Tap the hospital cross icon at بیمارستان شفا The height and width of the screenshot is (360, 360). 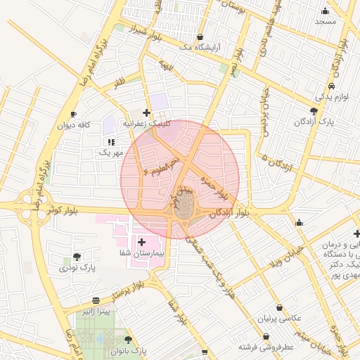142,241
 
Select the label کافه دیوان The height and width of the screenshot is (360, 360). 75,125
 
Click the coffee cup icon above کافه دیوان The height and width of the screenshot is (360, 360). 73,114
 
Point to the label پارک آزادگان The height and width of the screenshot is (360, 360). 314,122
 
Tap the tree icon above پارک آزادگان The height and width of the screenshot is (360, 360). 314,110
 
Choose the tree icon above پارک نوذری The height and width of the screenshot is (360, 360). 77,257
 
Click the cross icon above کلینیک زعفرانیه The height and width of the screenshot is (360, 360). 146,112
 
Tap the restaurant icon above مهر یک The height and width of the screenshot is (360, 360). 111,142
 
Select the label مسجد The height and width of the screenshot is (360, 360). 326,21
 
